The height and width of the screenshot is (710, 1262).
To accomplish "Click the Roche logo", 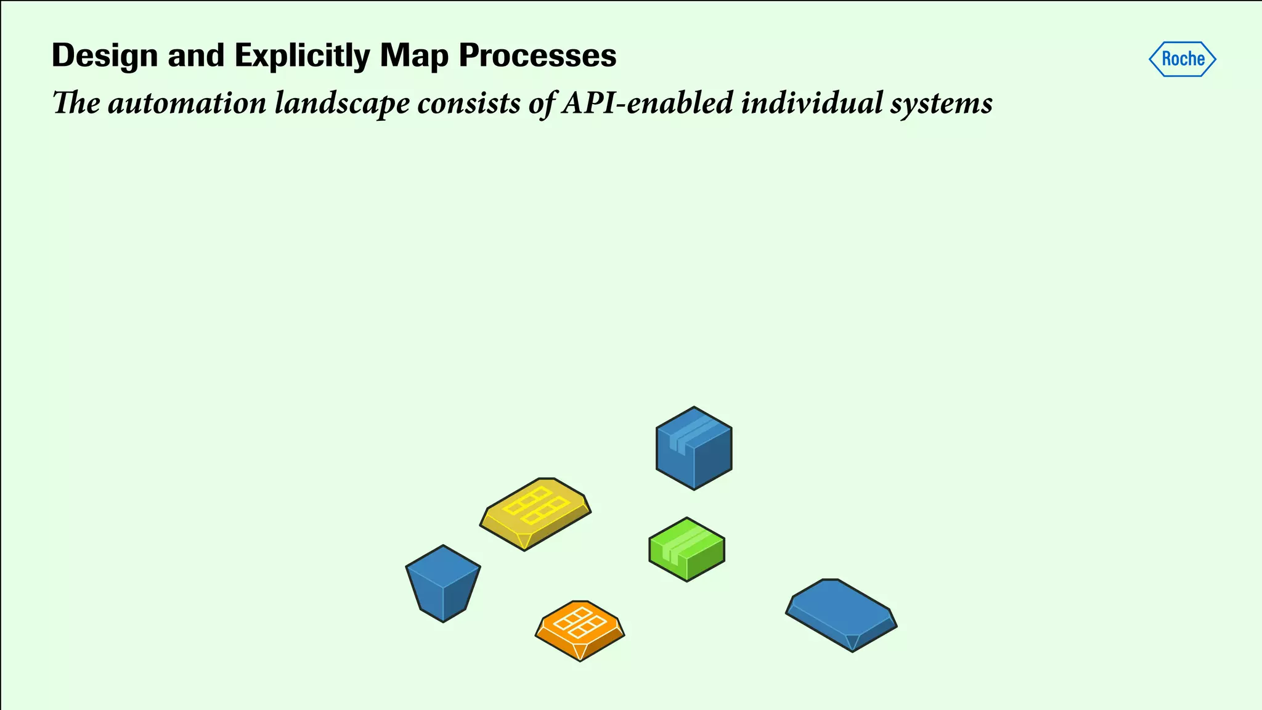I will point(1182,59).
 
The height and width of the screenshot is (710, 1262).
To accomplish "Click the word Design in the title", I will point(105,55).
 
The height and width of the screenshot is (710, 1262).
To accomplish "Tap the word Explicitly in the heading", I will point(303,55).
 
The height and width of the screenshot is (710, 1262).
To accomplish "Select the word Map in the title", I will point(414,55).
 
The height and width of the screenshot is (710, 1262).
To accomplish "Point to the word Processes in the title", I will point(537,55).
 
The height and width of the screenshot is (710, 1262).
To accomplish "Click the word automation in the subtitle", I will point(187,103).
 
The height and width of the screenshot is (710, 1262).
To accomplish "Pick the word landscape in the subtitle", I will point(341,103).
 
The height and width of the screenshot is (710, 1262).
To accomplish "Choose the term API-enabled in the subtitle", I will point(647,103).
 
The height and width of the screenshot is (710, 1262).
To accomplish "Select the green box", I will point(686,550).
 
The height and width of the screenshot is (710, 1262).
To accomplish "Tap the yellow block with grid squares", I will point(535,513).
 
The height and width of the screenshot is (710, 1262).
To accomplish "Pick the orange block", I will point(579,630).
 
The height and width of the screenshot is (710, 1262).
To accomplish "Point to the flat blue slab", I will point(841,614).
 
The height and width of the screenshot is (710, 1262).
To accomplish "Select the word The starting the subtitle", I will point(76,103).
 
